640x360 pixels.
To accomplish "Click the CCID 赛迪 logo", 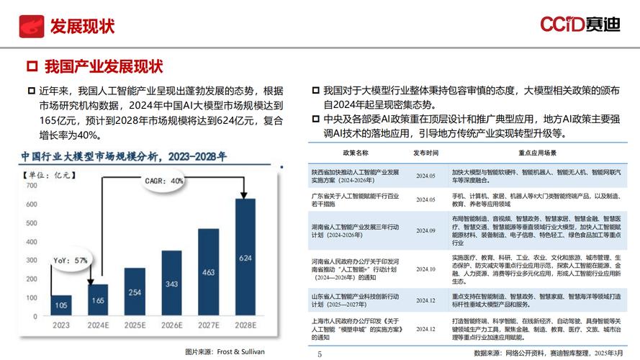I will [x=580, y=25].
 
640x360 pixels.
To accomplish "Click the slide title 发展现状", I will [x=82, y=27].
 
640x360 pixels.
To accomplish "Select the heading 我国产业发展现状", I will [x=103, y=68].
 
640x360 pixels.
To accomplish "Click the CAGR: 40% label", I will [x=165, y=181].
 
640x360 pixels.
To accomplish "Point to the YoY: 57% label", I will [x=70, y=260].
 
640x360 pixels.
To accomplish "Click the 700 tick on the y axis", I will [x=31, y=185].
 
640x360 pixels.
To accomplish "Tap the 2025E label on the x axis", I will [x=134, y=325].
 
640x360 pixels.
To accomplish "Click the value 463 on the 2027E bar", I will [x=209, y=273].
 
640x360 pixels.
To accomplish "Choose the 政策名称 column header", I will [x=355, y=153].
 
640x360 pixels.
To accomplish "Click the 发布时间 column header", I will [x=425, y=153].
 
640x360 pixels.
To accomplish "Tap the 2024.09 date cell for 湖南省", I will [x=425, y=230].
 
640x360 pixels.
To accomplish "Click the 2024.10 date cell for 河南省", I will [x=425, y=269].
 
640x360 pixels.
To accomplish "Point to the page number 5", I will [x=320, y=354].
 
